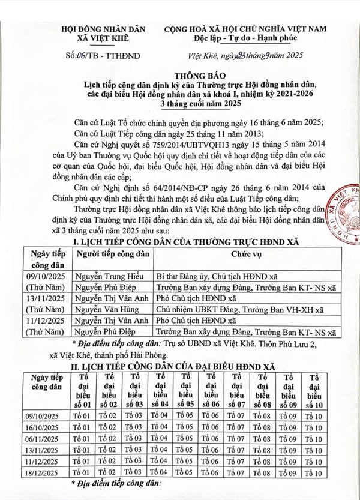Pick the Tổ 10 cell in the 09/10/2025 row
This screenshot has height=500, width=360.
coord(313,417)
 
